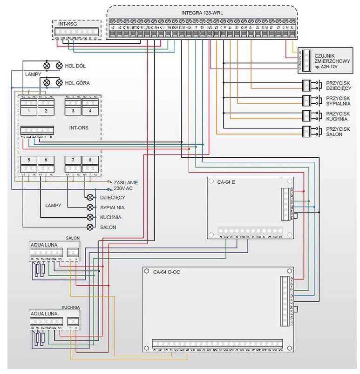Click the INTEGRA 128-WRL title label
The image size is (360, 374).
pos(201,13)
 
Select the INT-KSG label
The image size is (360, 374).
pos(66,23)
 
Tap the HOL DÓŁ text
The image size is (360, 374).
pos(76,66)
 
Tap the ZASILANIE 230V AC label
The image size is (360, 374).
pos(125,186)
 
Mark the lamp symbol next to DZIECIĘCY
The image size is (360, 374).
pos(90,197)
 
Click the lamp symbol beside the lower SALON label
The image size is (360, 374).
pos(90,227)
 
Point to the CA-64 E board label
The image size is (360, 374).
pos(226,182)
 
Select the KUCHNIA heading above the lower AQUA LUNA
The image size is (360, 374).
pos(70,307)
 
